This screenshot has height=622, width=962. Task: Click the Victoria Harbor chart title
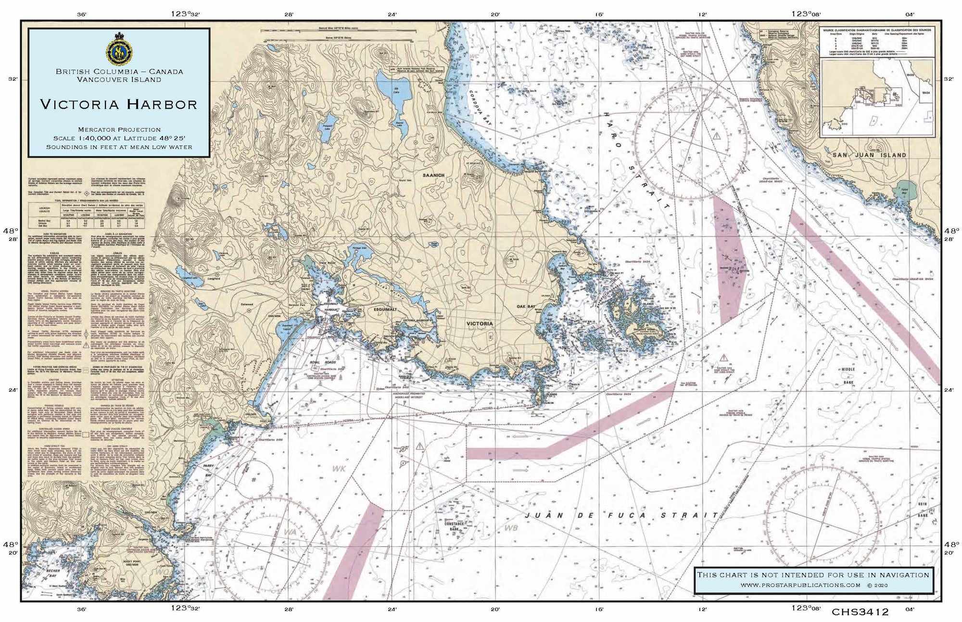(119, 104)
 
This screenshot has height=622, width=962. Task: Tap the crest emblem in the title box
(119, 49)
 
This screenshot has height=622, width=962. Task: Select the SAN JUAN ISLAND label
(869, 155)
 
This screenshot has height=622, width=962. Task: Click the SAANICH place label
(433, 175)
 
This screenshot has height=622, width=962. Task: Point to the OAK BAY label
(525, 306)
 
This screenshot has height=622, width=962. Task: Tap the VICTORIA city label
(480, 323)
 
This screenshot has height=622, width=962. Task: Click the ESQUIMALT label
(385, 310)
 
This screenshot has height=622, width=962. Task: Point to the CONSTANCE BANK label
(454, 526)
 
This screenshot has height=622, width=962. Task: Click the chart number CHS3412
(860, 612)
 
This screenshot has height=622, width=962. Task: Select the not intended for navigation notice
(813, 575)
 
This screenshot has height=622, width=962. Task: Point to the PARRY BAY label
(208, 470)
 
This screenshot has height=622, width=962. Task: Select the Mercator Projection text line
(119, 129)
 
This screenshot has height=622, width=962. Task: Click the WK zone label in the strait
(339, 468)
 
